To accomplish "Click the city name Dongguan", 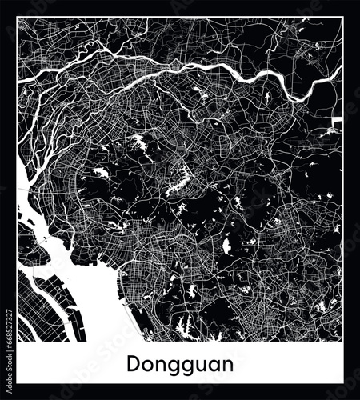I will [x=179, y=364].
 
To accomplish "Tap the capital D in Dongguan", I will [x=132, y=363].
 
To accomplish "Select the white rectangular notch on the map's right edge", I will [x=338, y=121].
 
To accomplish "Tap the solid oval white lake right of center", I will [x=226, y=246].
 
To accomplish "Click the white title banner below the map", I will [x=179, y=364].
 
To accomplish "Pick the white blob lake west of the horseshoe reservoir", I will [x=102, y=171].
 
